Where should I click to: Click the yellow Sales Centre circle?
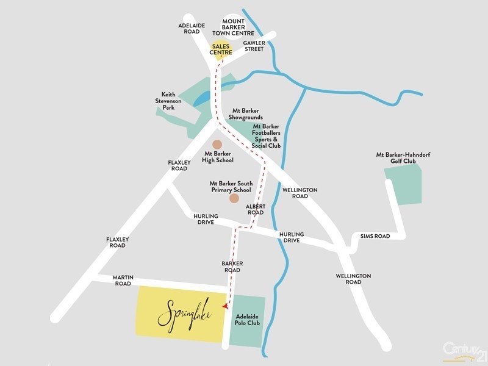pos(221,49)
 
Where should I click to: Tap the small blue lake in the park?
pos(203,98)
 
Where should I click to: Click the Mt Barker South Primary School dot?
pos(234,198)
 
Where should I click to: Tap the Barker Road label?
pos(232,267)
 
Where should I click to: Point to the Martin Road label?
pos(123,280)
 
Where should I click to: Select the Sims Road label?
pos(375,235)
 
